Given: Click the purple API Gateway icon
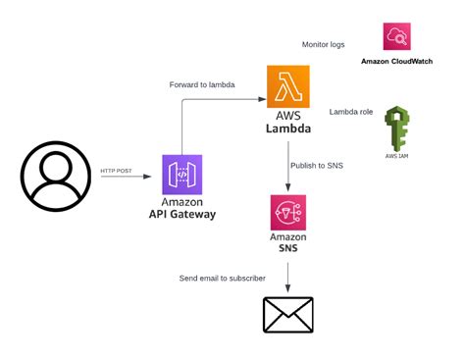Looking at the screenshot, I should (182, 175).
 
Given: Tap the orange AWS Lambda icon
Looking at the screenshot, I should (287, 86).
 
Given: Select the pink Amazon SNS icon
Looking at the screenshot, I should (287, 212).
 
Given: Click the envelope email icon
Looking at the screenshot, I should (287, 315).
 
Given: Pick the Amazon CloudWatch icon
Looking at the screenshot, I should (397, 37).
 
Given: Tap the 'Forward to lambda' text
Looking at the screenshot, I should (203, 84).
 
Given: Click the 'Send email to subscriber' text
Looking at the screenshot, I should (223, 279).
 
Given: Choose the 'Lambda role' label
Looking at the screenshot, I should (351, 112).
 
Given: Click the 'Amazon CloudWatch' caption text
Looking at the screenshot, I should (397, 62).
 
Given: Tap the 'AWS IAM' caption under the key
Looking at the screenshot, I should (397, 155).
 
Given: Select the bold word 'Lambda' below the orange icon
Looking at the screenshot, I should (287, 129).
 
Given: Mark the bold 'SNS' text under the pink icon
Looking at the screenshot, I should (287, 248).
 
